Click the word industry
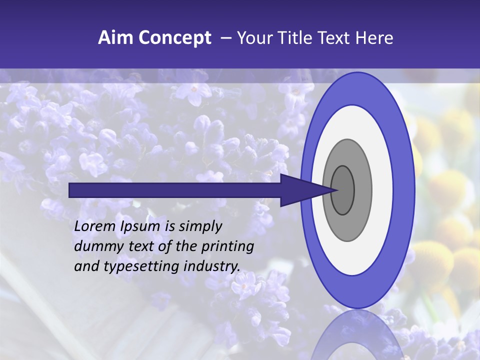pyautogui.click(x=212, y=266)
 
